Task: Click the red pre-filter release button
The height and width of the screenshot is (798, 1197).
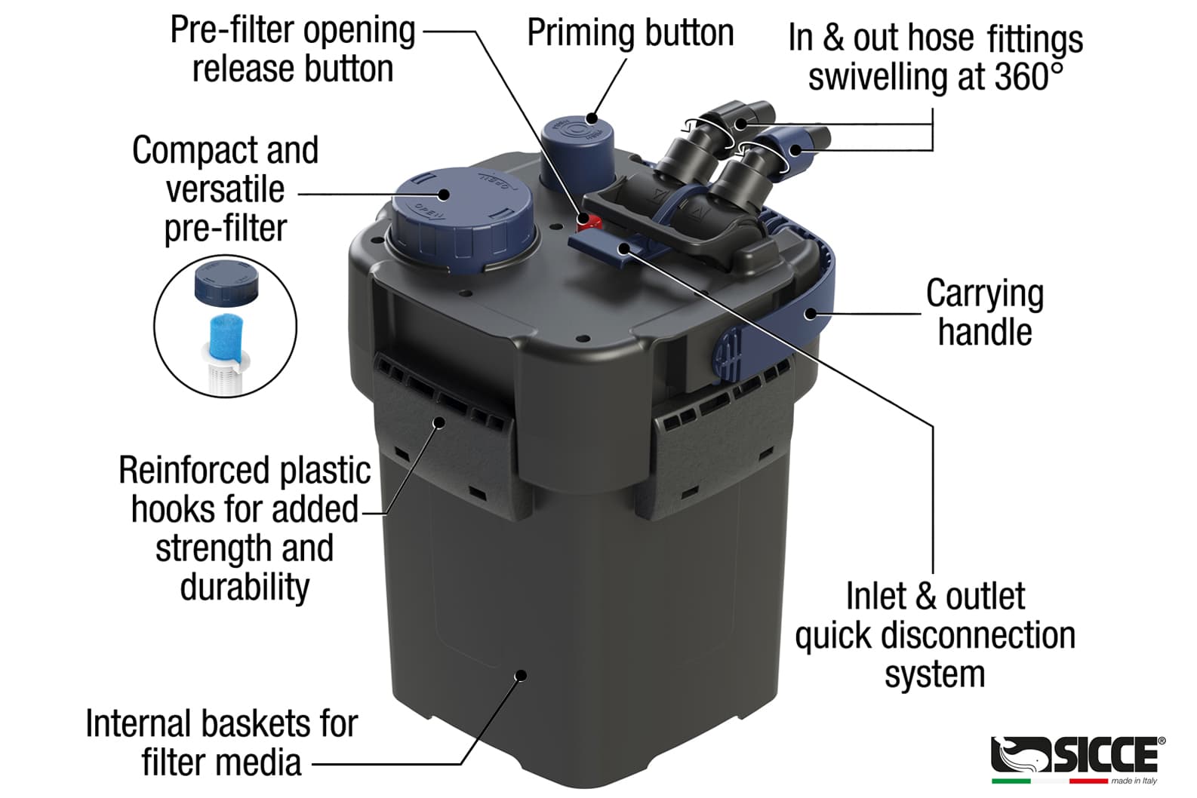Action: [x=589, y=220]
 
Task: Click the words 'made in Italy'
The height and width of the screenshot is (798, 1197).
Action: [x=1134, y=781]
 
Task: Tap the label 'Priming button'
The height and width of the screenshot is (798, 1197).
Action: [x=630, y=33]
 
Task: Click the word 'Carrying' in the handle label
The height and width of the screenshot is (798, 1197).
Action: [x=985, y=294]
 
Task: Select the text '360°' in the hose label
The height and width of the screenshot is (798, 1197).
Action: [x=1028, y=76]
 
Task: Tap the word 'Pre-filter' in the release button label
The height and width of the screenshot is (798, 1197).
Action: [x=232, y=29]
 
